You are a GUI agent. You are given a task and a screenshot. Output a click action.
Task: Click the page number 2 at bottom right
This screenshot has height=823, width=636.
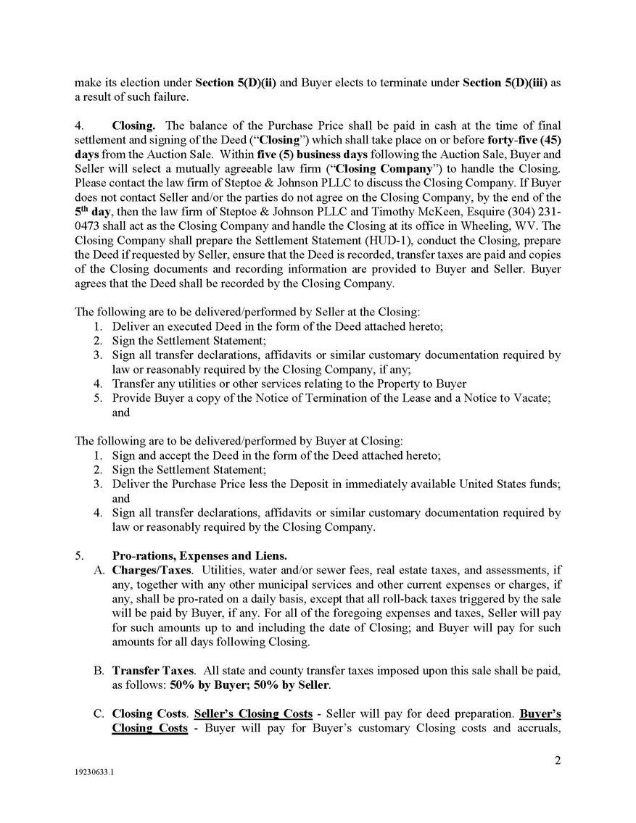click(556, 761)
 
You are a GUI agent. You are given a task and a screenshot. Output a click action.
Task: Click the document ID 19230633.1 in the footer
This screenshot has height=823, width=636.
click(92, 773)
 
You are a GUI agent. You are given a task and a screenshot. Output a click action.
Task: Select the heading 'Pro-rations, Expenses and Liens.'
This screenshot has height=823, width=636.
click(199, 556)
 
